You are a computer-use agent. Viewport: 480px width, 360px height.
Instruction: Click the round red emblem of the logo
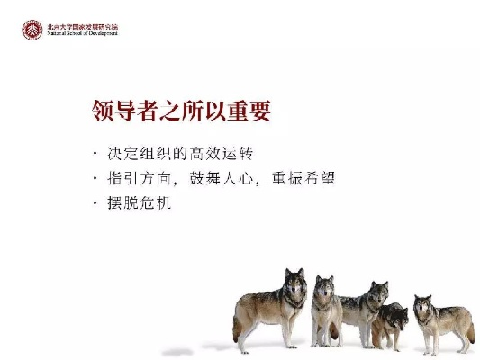pyautogui.click(x=32, y=30)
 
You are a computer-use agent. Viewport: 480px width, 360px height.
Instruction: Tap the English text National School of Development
pyautogui.click(x=83, y=34)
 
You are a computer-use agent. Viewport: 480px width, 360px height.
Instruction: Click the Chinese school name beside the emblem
pyautogui.click(x=83, y=26)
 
